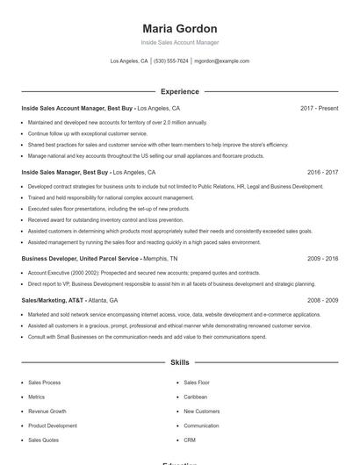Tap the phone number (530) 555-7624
click(x=171, y=61)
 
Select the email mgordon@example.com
click(x=221, y=61)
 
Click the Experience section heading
click(x=179, y=91)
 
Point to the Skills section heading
click(x=179, y=361)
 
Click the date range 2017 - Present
click(x=319, y=108)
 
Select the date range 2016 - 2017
click(x=322, y=173)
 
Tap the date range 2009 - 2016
click(x=322, y=259)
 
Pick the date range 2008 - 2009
click(x=322, y=300)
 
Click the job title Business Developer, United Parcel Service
click(x=80, y=259)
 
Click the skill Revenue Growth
click(x=47, y=411)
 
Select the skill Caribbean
click(x=196, y=397)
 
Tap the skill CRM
click(x=190, y=440)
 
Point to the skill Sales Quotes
click(x=44, y=440)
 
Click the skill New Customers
click(x=202, y=411)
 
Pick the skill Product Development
click(x=52, y=426)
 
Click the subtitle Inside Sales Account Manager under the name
click(x=179, y=42)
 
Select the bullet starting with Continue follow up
click(x=88, y=133)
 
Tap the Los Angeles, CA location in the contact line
click(x=129, y=61)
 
